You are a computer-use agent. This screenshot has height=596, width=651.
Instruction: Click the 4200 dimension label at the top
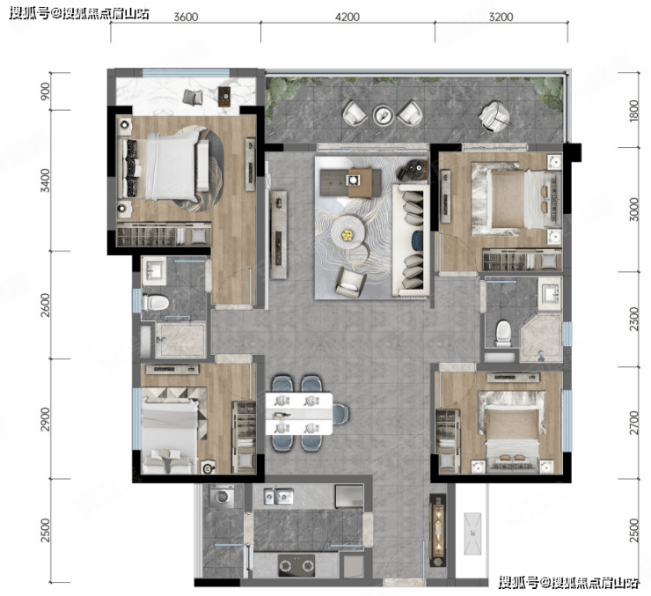pos(347,17)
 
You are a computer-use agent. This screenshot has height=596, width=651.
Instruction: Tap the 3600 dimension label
pos(186,17)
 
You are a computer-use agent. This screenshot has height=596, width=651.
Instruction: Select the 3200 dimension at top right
pos(501,17)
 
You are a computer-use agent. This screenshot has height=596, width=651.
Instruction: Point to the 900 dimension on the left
pos(45,91)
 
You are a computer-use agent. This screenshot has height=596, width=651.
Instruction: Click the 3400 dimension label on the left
pos(45,180)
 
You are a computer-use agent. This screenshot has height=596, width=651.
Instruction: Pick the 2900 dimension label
pos(45,419)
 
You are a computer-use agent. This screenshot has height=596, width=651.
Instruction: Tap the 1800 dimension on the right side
pos(633,111)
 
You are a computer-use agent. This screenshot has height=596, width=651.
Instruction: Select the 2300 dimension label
pos(633,319)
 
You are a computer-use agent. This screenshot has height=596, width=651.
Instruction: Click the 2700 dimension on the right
pos(633,423)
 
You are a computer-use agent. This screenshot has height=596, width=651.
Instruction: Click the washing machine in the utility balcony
pos(222,497)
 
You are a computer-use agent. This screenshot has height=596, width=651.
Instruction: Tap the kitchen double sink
pos(279,496)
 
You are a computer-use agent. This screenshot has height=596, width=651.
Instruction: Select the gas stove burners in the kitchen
pos(296,565)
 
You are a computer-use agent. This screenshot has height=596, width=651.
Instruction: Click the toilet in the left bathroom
pos(156,303)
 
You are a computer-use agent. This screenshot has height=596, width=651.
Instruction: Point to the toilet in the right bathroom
pos(503,334)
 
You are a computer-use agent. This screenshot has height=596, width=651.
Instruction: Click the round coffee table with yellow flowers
pos(347,235)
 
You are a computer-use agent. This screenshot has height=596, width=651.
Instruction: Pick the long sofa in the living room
pos(411,240)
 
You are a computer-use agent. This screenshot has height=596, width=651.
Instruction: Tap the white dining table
pos(299,414)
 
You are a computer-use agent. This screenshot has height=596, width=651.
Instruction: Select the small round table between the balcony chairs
pos(384,115)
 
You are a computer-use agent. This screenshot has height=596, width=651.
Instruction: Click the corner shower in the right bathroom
pos(541,337)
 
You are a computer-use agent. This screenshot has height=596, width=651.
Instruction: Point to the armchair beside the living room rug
pos(351,283)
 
